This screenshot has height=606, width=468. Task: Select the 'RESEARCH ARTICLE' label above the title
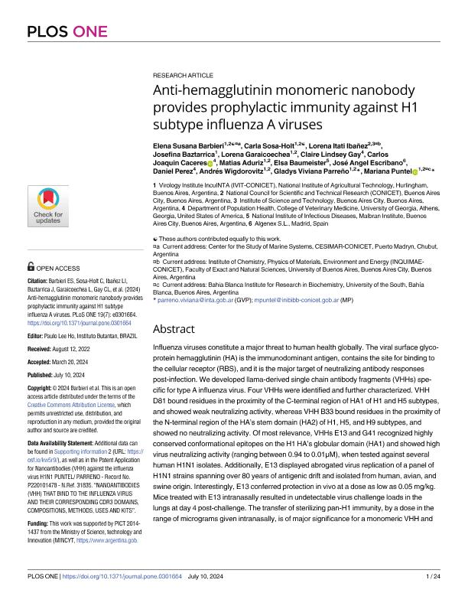click(x=184, y=77)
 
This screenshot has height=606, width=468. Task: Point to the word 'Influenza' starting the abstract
click(x=170, y=349)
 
